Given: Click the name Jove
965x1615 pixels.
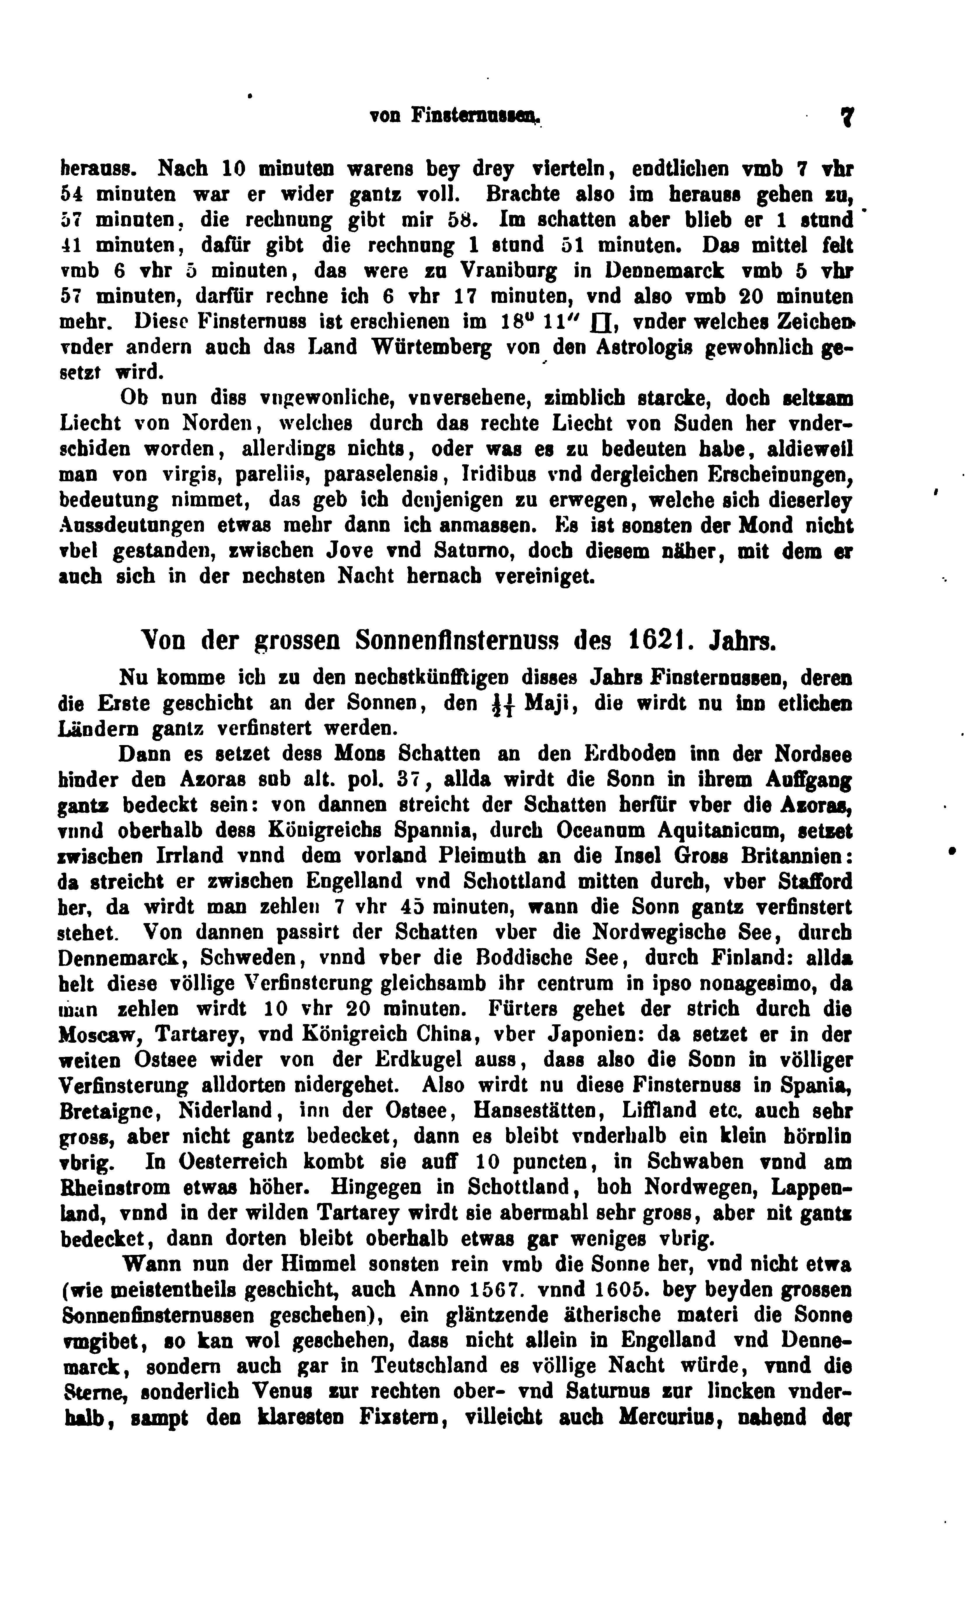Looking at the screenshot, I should pyautogui.click(x=346, y=551).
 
